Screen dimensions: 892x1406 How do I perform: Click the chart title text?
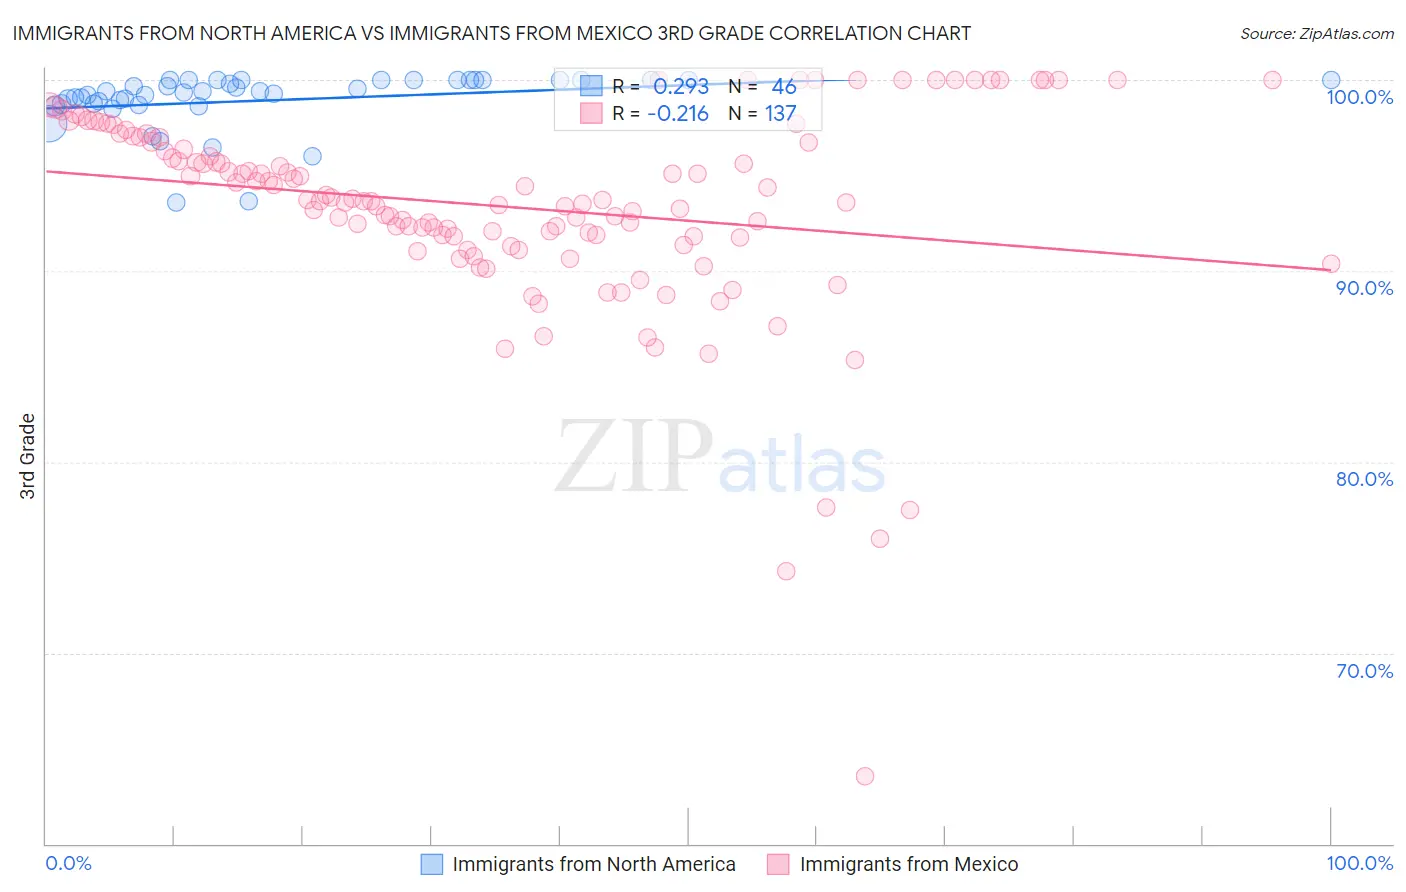coord(491,33)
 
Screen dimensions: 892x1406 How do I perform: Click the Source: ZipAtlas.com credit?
coord(1316,33)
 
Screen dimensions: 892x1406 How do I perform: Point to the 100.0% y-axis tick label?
coord(1359,97)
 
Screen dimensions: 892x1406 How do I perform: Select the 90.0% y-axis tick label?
coord(1364,288)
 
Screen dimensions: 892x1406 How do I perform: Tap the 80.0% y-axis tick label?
coord(1364,479)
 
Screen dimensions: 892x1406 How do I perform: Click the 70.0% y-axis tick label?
coord(1364,671)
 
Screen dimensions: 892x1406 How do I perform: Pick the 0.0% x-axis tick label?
coord(69,863)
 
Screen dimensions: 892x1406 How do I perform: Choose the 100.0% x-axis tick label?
coord(1359,863)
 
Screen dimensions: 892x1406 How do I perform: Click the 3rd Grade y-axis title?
coord(28,456)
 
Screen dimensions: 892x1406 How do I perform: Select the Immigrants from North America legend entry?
coord(578,864)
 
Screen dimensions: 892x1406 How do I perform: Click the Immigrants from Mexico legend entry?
coord(892,864)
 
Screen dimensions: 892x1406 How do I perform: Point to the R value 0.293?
coord(681,87)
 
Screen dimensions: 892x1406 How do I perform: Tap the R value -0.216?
coord(678,114)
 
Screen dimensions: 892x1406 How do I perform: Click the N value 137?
coord(781,114)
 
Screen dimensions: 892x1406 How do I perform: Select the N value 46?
coord(784,87)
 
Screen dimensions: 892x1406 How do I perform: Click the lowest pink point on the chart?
coord(865,776)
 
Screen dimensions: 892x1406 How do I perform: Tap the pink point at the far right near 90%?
coord(1331,264)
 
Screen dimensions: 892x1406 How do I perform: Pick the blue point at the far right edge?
coord(1331,80)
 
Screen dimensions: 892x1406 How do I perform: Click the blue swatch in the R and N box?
coord(591,87)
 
